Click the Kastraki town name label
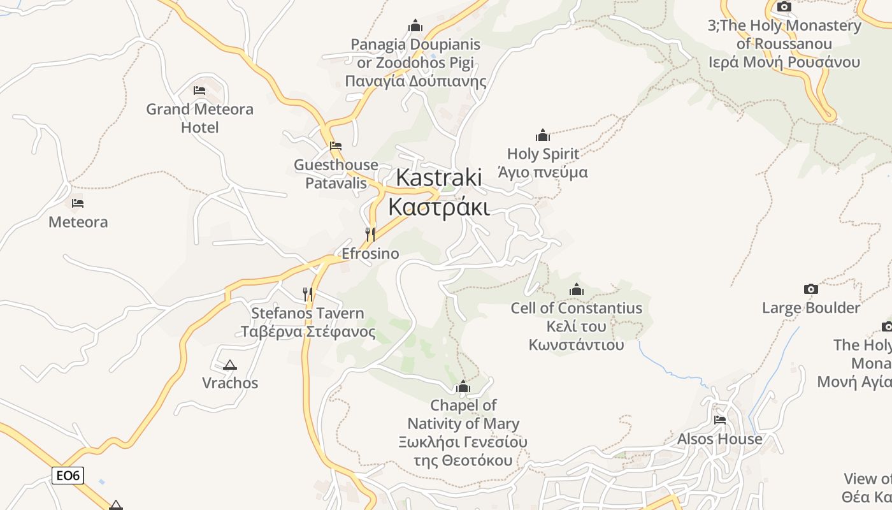coord(439,192)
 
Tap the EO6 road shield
coord(68,475)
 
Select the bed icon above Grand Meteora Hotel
coord(199,91)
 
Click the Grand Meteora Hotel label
coord(199,118)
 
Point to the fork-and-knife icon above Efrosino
coord(370,235)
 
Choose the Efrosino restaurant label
coord(370,254)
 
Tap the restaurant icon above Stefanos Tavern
coord(308,294)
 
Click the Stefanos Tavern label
coord(308,323)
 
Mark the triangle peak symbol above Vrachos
coord(229,365)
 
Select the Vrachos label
coord(230,383)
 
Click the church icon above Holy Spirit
coord(543,135)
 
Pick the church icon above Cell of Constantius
coord(577,290)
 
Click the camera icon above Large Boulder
coord(810,289)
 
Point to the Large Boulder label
coord(810,308)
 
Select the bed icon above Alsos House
coord(720,420)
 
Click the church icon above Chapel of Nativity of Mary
coord(463,387)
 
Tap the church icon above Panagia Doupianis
coord(415,26)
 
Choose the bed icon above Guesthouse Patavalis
coord(336,146)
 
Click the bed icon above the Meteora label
coord(78,203)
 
